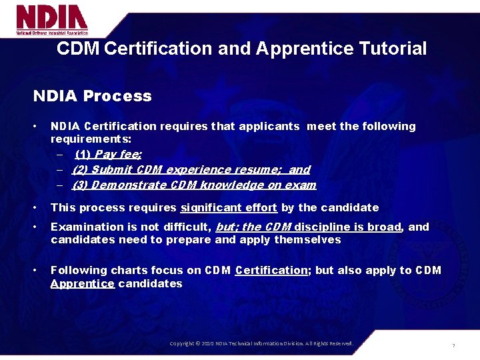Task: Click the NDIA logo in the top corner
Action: (x=52, y=20)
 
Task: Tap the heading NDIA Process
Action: (x=93, y=96)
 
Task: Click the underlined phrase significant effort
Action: (x=229, y=208)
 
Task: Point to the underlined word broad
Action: (x=385, y=227)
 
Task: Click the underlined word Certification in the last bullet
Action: (x=271, y=270)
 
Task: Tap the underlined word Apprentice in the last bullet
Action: (x=83, y=283)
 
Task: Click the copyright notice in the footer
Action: (x=261, y=343)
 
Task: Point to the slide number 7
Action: (x=453, y=345)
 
